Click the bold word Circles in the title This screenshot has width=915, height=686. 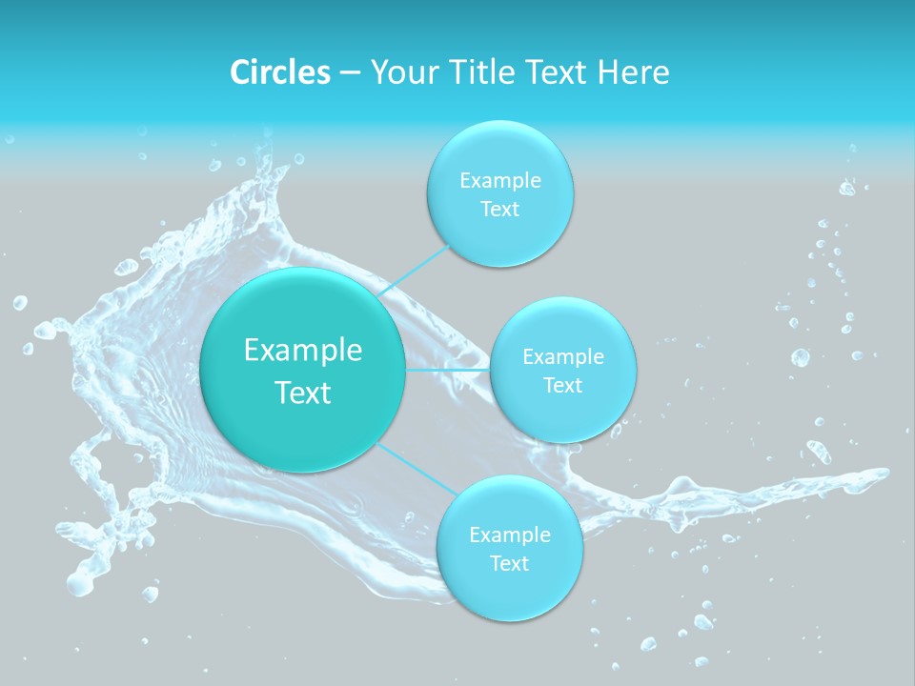(x=281, y=72)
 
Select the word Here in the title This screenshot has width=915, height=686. (x=634, y=72)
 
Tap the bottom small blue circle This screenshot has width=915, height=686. (x=509, y=591)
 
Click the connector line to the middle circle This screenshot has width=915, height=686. (x=448, y=370)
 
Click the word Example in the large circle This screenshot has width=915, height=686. (x=303, y=351)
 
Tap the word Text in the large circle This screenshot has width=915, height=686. (x=303, y=393)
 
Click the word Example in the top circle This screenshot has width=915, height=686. (x=500, y=180)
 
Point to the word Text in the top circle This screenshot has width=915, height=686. (x=499, y=210)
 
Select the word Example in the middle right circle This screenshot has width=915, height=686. (x=563, y=356)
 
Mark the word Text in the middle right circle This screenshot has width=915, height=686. (x=562, y=385)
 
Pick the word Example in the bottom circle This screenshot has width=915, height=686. (x=510, y=535)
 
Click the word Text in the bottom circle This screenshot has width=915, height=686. (x=509, y=563)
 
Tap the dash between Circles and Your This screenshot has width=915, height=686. (x=350, y=73)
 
